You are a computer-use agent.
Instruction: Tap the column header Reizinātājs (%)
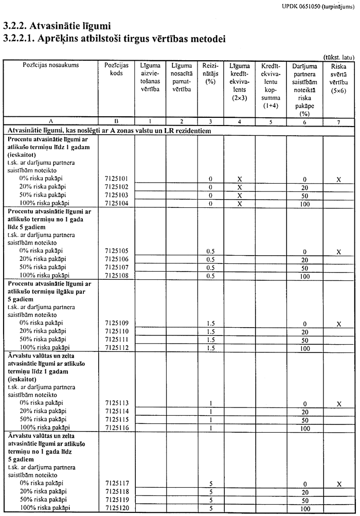[210, 74]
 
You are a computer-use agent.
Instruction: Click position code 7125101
[116, 179]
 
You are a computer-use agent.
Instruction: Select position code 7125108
[116, 276]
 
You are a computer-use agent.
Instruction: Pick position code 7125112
[116, 348]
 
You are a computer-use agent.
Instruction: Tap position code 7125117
[116, 484]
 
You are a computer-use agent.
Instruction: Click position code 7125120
[116, 508]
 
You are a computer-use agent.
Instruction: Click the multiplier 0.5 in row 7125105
[210, 252]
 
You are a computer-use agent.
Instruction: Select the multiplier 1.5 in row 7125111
[210, 340]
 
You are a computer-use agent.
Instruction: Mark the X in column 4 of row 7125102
[239, 187]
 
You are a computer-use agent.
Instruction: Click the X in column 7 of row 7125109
[338, 324]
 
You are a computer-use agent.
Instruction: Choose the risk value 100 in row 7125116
[305, 428]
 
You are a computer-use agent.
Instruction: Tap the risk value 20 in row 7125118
[305, 492]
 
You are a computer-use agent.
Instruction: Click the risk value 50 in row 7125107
[305, 268]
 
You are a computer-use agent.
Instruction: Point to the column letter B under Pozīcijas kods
[116, 121]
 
